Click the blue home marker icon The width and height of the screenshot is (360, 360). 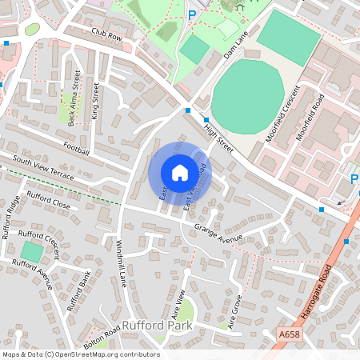pyautogui.click(x=179, y=173)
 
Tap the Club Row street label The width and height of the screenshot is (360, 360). pyautogui.click(x=106, y=35)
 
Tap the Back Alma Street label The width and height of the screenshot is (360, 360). pyautogui.click(x=74, y=98)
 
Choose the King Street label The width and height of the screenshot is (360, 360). pyautogui.click(x=96, y=101)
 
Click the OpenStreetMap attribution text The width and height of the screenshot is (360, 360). pyautogui.click(x=81, y=354)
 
